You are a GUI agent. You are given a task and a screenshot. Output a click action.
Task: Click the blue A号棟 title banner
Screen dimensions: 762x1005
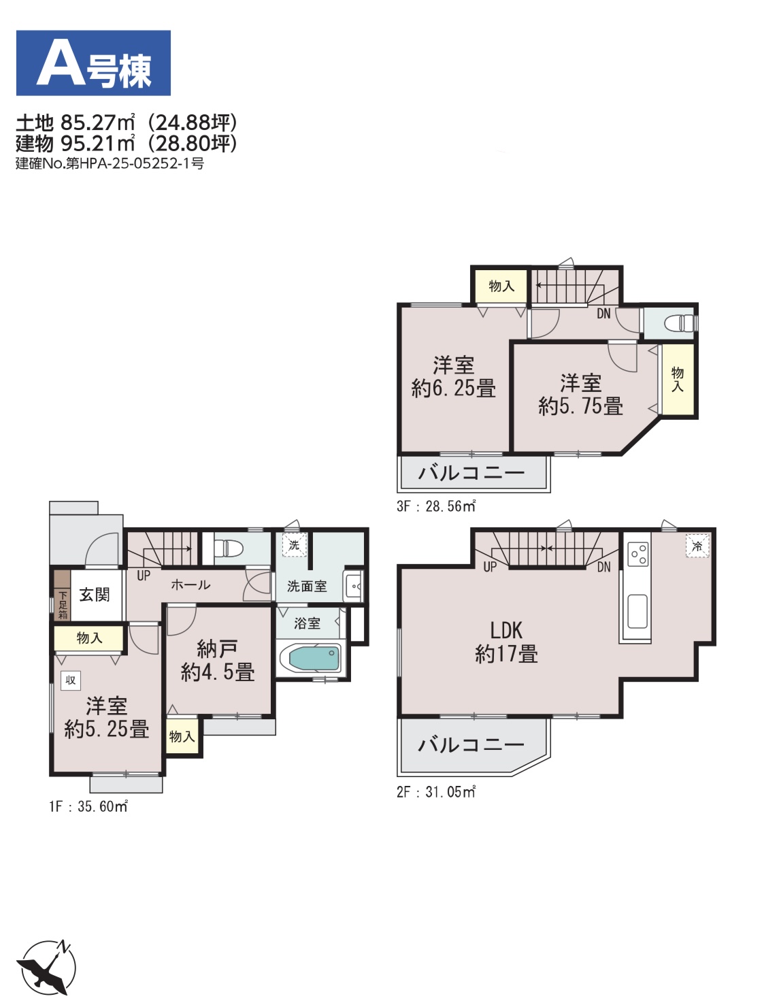[x=93, y=63]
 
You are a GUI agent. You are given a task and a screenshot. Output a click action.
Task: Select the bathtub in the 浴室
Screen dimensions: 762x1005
[x=311, y=657]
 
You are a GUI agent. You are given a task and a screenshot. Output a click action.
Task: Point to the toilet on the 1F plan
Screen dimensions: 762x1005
[x=229, y=547]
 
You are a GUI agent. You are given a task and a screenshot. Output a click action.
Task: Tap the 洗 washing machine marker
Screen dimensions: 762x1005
[x=295, y=545]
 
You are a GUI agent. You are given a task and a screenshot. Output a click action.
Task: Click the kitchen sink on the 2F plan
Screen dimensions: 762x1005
[x=637, y=611]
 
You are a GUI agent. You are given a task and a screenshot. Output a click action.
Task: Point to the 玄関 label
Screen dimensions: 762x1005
[x=95, y=595]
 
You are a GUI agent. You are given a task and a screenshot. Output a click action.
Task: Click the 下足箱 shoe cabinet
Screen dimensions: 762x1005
[x=62, y=595]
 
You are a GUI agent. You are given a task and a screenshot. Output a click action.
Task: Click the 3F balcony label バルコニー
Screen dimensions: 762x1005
[x=471, y=472]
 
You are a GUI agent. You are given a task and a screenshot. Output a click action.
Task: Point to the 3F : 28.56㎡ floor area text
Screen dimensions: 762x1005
[x=435, y=506]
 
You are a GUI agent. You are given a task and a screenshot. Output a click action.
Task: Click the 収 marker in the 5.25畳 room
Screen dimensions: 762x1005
[x=71, y=680]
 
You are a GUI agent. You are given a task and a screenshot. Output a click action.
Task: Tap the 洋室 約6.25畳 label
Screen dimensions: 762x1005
[x=453, y=377]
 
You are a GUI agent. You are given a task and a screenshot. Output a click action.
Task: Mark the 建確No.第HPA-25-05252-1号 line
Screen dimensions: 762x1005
[x=110, y=163]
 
